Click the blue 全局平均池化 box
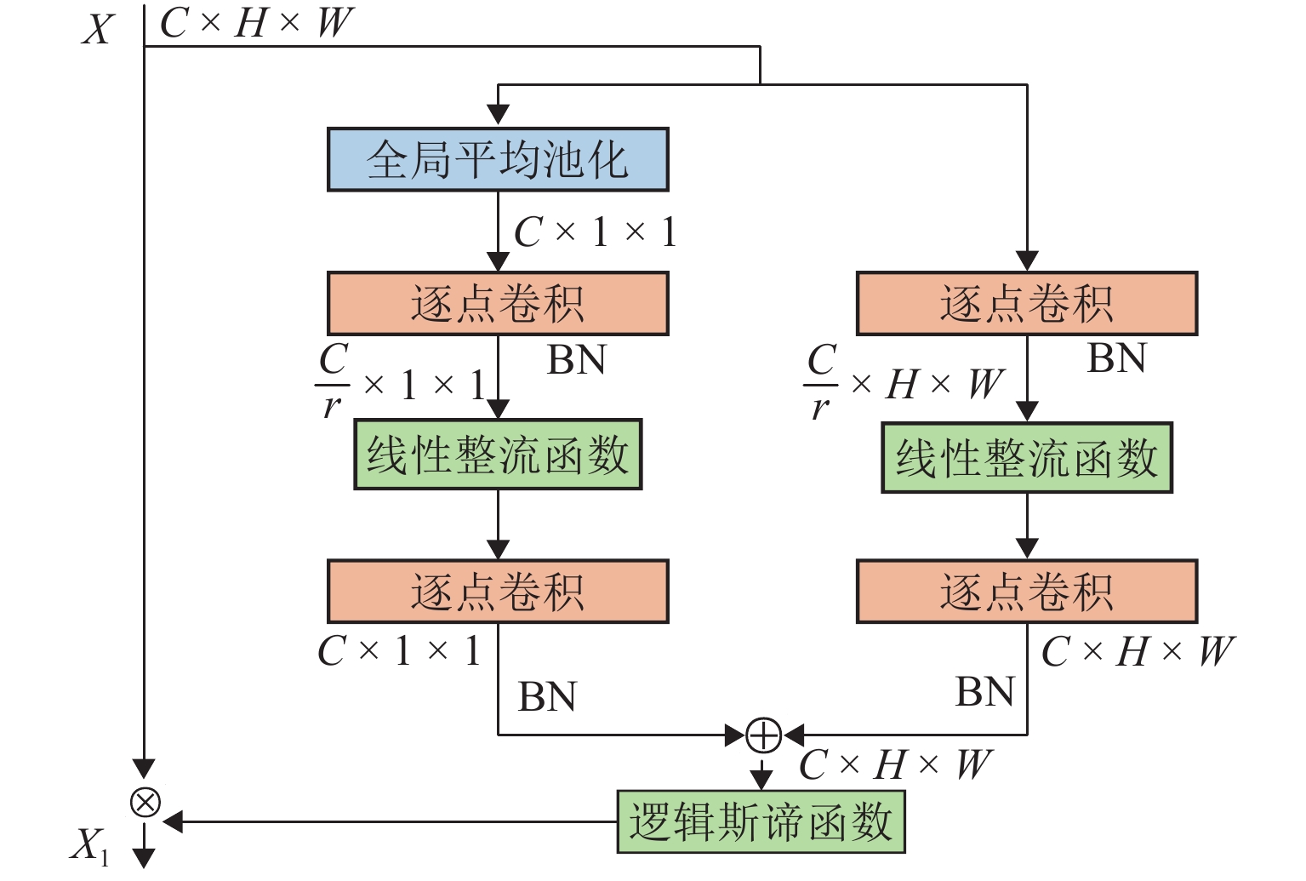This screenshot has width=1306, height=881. coord(498,159)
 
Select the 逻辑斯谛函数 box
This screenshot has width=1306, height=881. coord(761,821)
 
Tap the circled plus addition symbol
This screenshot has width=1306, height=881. coord(763,735)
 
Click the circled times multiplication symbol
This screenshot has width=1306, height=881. coord(145,802)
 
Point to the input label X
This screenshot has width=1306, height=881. coord(98,29)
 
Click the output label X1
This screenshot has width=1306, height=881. coord(88,846)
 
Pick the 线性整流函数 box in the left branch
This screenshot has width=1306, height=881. coord(498,455)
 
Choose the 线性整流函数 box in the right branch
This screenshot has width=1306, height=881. coord(1027,458)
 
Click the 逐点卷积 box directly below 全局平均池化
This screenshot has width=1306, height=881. coord(498,303)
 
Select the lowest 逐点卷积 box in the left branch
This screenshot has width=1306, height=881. coord(498,592)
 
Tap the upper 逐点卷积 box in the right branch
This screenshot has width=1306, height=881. coord(1027,303)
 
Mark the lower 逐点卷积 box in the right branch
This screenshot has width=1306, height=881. coord(1027,592)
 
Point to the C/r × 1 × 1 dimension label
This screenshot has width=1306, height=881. coord(401,384)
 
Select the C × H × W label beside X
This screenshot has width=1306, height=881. coord(255,23)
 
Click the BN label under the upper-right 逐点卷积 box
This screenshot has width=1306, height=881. coord(1116,358)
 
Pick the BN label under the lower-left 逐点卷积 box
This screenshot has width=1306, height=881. coord(547,696)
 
